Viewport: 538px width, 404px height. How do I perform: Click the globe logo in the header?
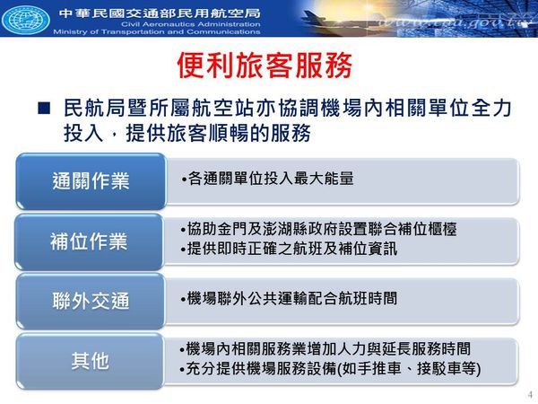pos(26,18)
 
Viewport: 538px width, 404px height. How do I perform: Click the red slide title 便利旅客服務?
pos(265,66)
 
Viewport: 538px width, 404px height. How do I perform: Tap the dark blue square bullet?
pos(44,108)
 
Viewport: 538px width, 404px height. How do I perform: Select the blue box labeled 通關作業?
pos(91,181)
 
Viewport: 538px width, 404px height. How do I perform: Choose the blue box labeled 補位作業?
pos(89,242)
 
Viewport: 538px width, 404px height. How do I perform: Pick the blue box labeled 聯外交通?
pos(91,301)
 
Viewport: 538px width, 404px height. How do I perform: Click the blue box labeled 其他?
pos(90,361)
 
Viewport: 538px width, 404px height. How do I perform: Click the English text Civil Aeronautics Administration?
pos(191,24)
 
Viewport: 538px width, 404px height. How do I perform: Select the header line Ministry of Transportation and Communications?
pos(157,31)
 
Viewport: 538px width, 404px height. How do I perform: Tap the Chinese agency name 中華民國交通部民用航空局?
pos(160,13)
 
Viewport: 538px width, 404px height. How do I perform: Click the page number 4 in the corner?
pos(531,394)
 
